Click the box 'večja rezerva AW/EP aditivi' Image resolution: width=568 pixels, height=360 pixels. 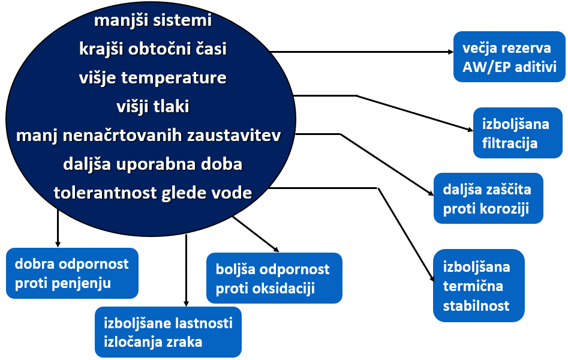click(x=509, y=56)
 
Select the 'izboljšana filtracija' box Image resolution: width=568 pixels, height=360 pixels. click(x=518, y=133)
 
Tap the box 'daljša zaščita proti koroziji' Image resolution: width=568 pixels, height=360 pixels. click(x=488, y=198)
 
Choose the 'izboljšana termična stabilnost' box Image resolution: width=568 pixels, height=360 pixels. click(x=479, y=286)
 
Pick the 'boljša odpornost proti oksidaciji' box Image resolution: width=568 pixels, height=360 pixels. click(x=274, y=278)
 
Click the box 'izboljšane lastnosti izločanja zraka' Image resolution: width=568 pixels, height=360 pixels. click(x=168, y=332)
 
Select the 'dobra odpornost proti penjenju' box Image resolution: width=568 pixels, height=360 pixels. click(x=72, y=273)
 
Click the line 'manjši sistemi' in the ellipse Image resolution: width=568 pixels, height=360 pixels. click(x=153, y=20)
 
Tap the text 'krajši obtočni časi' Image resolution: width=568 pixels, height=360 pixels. click(x=153, y=49)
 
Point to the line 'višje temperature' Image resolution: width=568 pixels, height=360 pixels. click(x=153, y=77)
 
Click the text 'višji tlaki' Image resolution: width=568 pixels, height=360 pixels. click(x=153, y=106)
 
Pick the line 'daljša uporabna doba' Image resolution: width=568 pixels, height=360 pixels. click(x=153, y=164)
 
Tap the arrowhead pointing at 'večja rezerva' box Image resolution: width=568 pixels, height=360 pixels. click(x=451, y=52)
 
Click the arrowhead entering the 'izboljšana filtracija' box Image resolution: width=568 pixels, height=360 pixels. click(x=471, y=130)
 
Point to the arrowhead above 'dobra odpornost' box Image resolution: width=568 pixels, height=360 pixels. click(x=58, y=245)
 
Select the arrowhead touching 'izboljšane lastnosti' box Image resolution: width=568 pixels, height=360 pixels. click(x=186, y=304)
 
